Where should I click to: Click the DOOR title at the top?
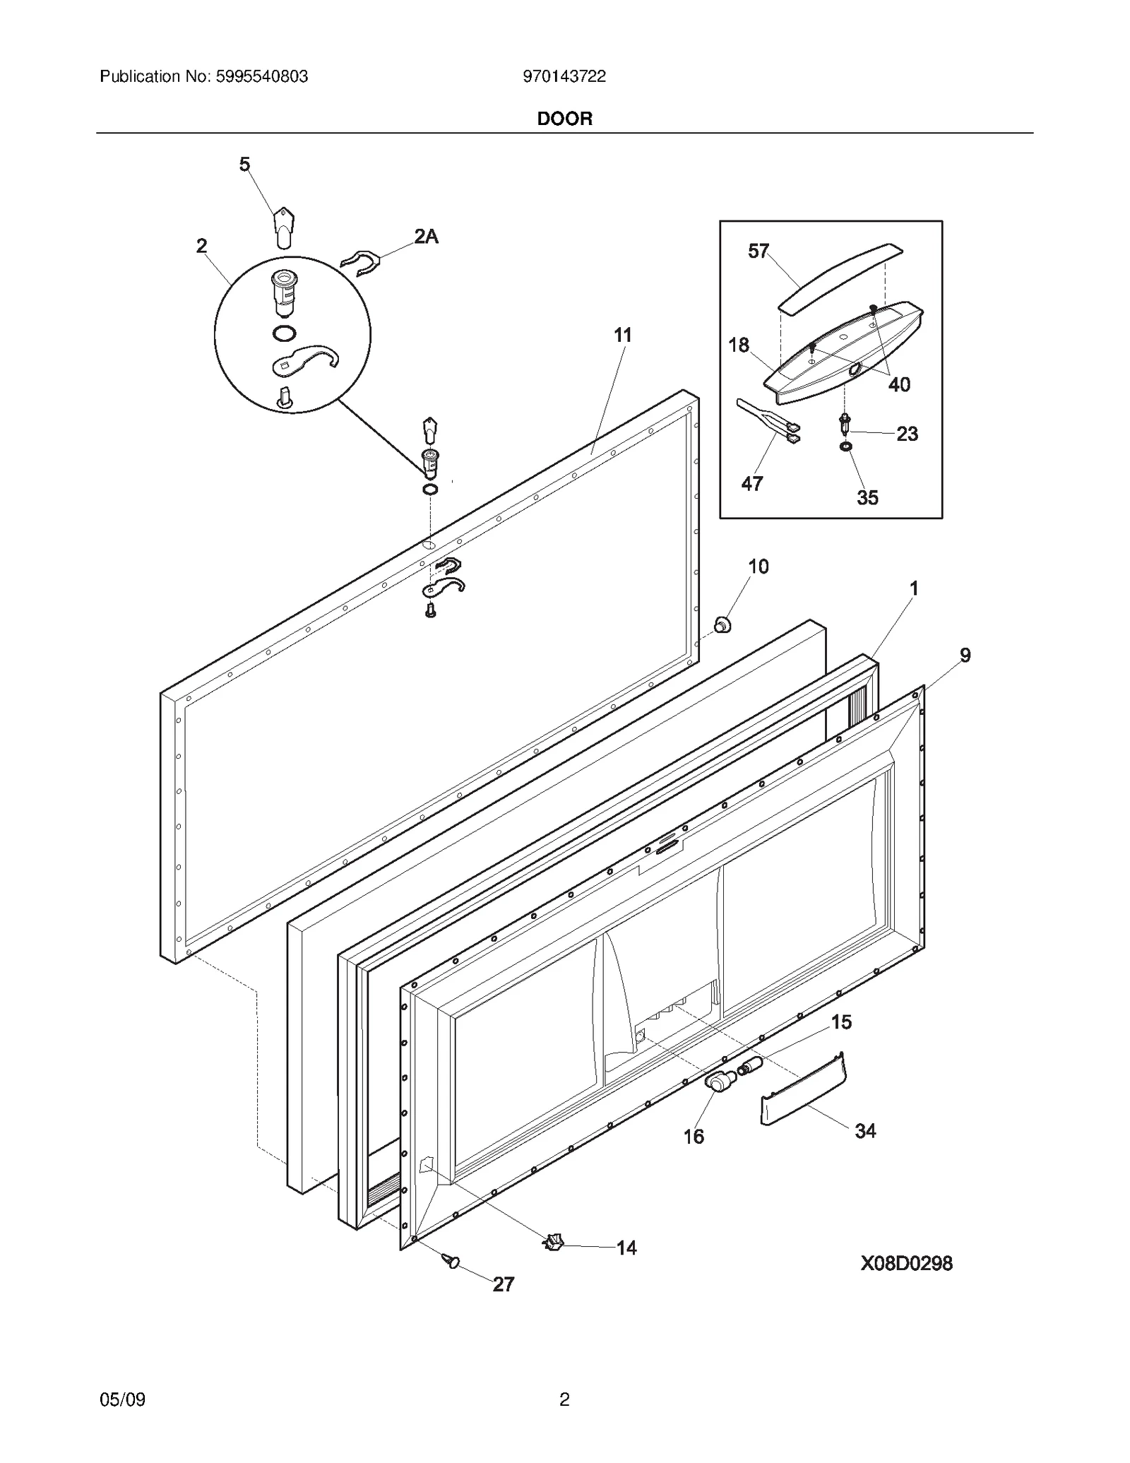tap(564, 119)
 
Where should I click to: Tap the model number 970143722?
tap(564, 77)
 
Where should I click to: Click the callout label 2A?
tap(426, 237)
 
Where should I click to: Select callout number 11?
tap(622, 335)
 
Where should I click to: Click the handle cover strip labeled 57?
tap(840, 277)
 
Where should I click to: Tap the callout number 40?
tap(899, 385)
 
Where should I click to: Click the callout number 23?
tap(908, 434)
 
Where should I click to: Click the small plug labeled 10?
tap(722, 624)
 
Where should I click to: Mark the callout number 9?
tap(965, 655)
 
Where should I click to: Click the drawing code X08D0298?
tap(906, 1263)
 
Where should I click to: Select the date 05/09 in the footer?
tap(123, 1399)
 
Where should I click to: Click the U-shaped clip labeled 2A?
tap(361, 263)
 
